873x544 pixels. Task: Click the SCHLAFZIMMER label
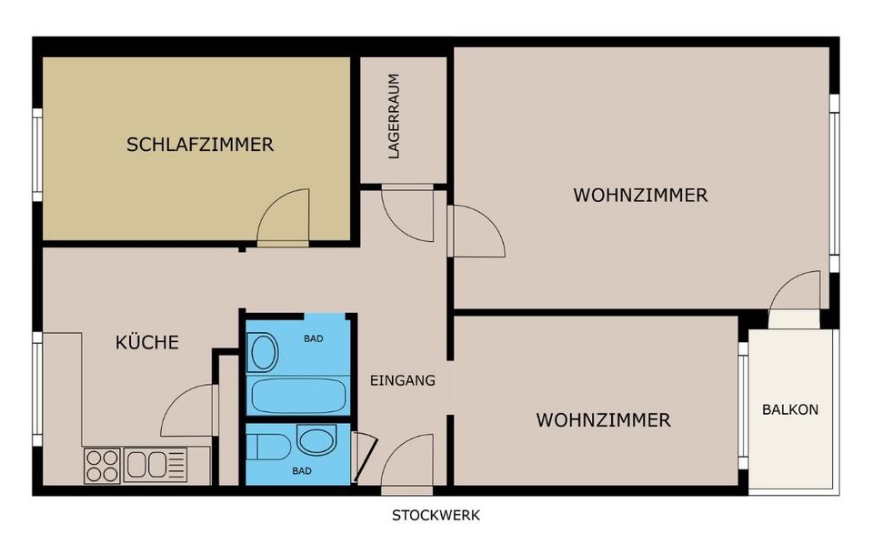pyautogui.click(x=200, y=144)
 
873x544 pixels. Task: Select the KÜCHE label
pyautogui.click(x=146, y=342)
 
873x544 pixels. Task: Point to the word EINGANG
pyautogui.click(x=403, y=380)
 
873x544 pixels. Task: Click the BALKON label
pyautogui.click(x=789, y=409)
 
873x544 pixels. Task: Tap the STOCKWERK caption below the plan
pyautogui.click(x=436, y=515)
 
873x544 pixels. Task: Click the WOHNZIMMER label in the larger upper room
pyautogui.click(x=640, y=195)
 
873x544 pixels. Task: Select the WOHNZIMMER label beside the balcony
pyautogui.click(x=603, y=419)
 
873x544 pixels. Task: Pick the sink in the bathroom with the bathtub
pyautogui.click(x=264, y=352)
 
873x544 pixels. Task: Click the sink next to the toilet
pyautogui.click(x=316, y=442)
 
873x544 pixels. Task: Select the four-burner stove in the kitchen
pyautogui.click(x=102, y=465)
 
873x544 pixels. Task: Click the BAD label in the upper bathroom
pyautogui.click(x=313, y=338)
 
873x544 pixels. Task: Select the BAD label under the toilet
pyautogui.click(x=302, y=471)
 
